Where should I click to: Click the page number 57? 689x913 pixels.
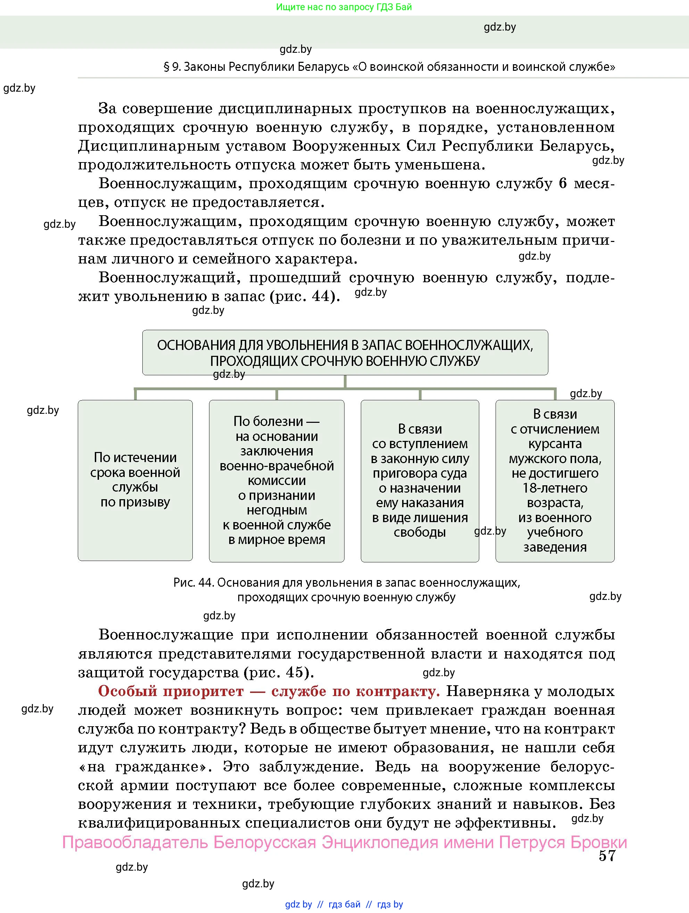[607, 856]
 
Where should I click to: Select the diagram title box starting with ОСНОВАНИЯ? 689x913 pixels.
[345, 352]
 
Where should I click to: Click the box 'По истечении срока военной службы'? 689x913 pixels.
[135, 480]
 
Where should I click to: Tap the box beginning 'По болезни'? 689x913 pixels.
[276, 480]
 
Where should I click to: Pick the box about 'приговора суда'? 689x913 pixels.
[420, 480]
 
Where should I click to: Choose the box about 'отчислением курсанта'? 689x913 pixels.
[555, 480]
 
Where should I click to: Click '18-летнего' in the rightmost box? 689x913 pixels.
[555, 488]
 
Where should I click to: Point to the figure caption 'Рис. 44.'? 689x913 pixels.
[193, 583]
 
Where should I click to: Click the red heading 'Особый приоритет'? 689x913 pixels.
[171, 692]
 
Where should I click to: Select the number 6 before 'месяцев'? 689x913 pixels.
[563, 183]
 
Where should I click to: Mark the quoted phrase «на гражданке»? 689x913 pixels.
[143, 767]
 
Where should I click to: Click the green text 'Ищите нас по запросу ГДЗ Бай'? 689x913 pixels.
[343, 7]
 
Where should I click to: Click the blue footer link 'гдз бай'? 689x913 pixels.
[344, 904]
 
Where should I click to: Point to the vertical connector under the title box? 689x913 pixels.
[345, 382]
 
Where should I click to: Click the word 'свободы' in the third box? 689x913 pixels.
[420, 532]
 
